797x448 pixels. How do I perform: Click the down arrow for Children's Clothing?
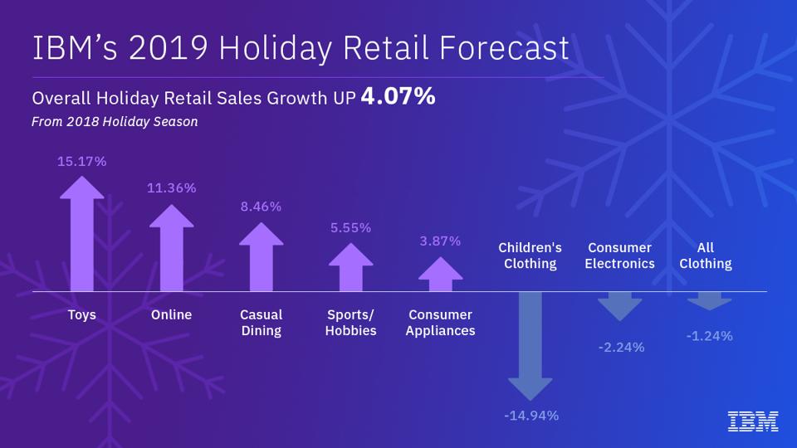coord(530,344)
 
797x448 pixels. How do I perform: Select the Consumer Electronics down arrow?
coord(619,306)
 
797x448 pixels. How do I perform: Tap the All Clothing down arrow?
coord(709,300)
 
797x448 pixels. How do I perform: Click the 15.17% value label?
coord(82,162)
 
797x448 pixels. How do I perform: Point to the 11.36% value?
coord(172,188)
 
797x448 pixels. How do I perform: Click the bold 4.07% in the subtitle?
coord(398,97)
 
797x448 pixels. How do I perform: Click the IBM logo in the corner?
coord(753,421)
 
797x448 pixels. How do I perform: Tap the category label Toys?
coord(82,315)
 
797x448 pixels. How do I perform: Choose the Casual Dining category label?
coord(262,323)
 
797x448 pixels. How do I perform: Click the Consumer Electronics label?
coord(619,256)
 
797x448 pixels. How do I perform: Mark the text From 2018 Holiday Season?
coord(115,122)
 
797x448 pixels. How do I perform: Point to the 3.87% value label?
coord(440,241)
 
